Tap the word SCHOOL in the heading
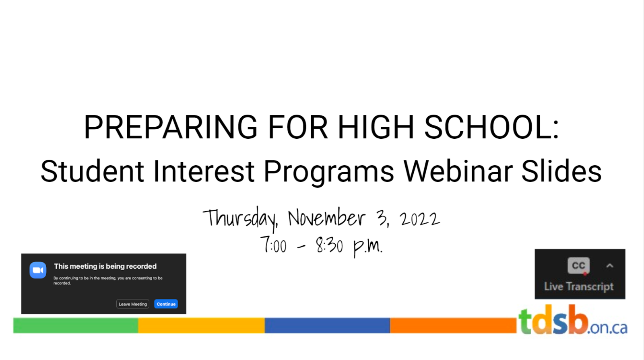click(491, 127)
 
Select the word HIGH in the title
click(376, 127)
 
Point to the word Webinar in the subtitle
click(458, 171)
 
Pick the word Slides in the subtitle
click(561, 171)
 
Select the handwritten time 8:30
click(329, 245)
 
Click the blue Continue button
click(166, 304)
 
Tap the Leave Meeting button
click(132, 304)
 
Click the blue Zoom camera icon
click(38, 270)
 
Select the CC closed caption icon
click(578, 265)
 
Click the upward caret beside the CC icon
click(609, 266)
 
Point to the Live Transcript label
click(579, 287)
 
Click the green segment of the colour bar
click(76, 325)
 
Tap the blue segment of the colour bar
click(327, 325)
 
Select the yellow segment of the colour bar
click(201, 325)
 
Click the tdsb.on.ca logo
click(573, 320)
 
